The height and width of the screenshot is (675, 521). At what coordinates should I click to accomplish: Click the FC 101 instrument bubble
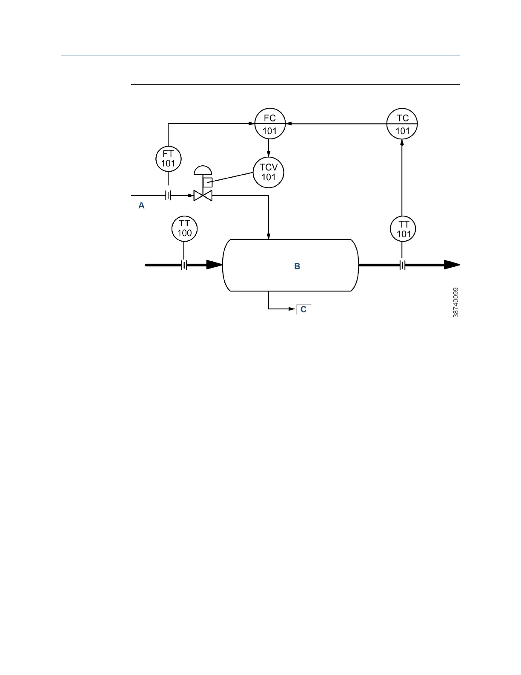pos(270,124)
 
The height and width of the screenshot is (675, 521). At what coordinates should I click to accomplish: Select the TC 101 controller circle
pos(402,124)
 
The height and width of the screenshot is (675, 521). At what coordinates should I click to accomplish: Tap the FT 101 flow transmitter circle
pos(168,159)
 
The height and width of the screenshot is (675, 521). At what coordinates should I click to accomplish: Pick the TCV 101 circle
pos(268,173)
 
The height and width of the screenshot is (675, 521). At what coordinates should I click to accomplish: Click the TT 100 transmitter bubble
pos(184,228)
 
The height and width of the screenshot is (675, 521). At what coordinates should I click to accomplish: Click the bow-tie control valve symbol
pos(203,196)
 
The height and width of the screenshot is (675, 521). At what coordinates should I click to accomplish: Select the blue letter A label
pos(142,206)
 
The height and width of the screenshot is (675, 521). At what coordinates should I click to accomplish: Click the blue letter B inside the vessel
pos(297,266)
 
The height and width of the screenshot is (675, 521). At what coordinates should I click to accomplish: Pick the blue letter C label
pos(303,309)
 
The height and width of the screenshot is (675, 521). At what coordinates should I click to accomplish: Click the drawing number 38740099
pos(456,302)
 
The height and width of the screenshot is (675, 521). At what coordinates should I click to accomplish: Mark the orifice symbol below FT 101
pos(168,196)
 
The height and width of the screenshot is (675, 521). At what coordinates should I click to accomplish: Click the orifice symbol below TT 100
pos(184,265)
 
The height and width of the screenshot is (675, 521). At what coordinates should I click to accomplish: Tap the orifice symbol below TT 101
pos(402,265)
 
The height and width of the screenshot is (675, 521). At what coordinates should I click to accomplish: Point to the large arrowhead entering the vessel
pos(215,265)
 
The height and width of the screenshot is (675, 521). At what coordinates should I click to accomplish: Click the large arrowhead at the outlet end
pos(452,265)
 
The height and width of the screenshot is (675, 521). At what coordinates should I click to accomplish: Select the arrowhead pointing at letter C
pos(292,308)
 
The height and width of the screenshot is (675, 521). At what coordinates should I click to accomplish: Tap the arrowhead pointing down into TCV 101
pos(269,155)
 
